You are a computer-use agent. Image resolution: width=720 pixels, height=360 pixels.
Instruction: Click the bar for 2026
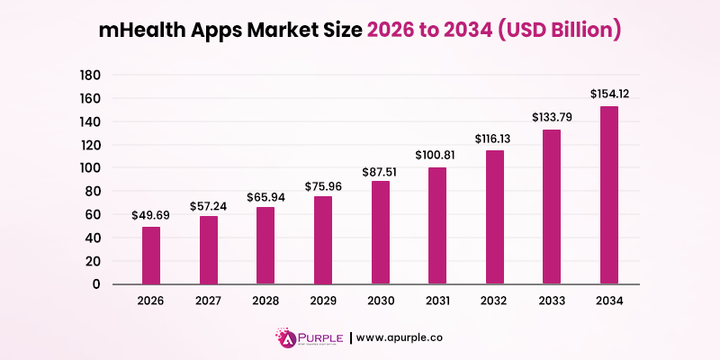[152, 255]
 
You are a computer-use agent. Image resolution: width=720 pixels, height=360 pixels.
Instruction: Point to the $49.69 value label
[152, 215]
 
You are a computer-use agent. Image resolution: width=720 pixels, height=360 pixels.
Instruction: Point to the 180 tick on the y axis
[92, 75]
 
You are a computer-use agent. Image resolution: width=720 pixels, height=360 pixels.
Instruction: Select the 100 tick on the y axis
[92, 168]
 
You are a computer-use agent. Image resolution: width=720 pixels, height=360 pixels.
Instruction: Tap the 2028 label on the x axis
[265, 301]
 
